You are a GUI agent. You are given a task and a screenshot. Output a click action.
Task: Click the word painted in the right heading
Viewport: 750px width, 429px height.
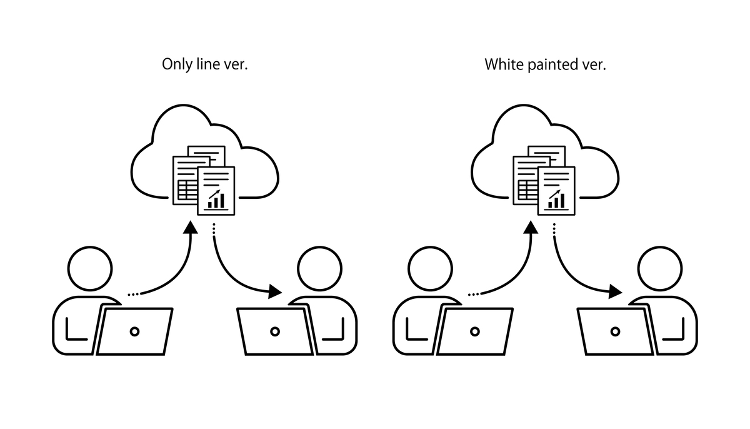tap(549, 65)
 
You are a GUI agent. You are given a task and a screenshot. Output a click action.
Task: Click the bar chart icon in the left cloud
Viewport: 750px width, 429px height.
tap(216, 199)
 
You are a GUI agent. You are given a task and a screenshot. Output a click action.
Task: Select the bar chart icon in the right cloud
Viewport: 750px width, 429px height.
tap(556, 199)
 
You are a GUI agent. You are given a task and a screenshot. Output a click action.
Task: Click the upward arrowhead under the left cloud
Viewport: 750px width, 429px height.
tap(191, 226)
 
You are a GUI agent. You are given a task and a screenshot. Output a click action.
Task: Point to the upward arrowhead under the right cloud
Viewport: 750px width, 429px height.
tap(531, 226)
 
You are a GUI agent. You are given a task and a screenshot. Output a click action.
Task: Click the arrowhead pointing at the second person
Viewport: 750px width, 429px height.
tap(274, 291)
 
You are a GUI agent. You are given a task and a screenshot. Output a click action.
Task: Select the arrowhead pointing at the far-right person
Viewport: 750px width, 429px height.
tap(615, 291)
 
